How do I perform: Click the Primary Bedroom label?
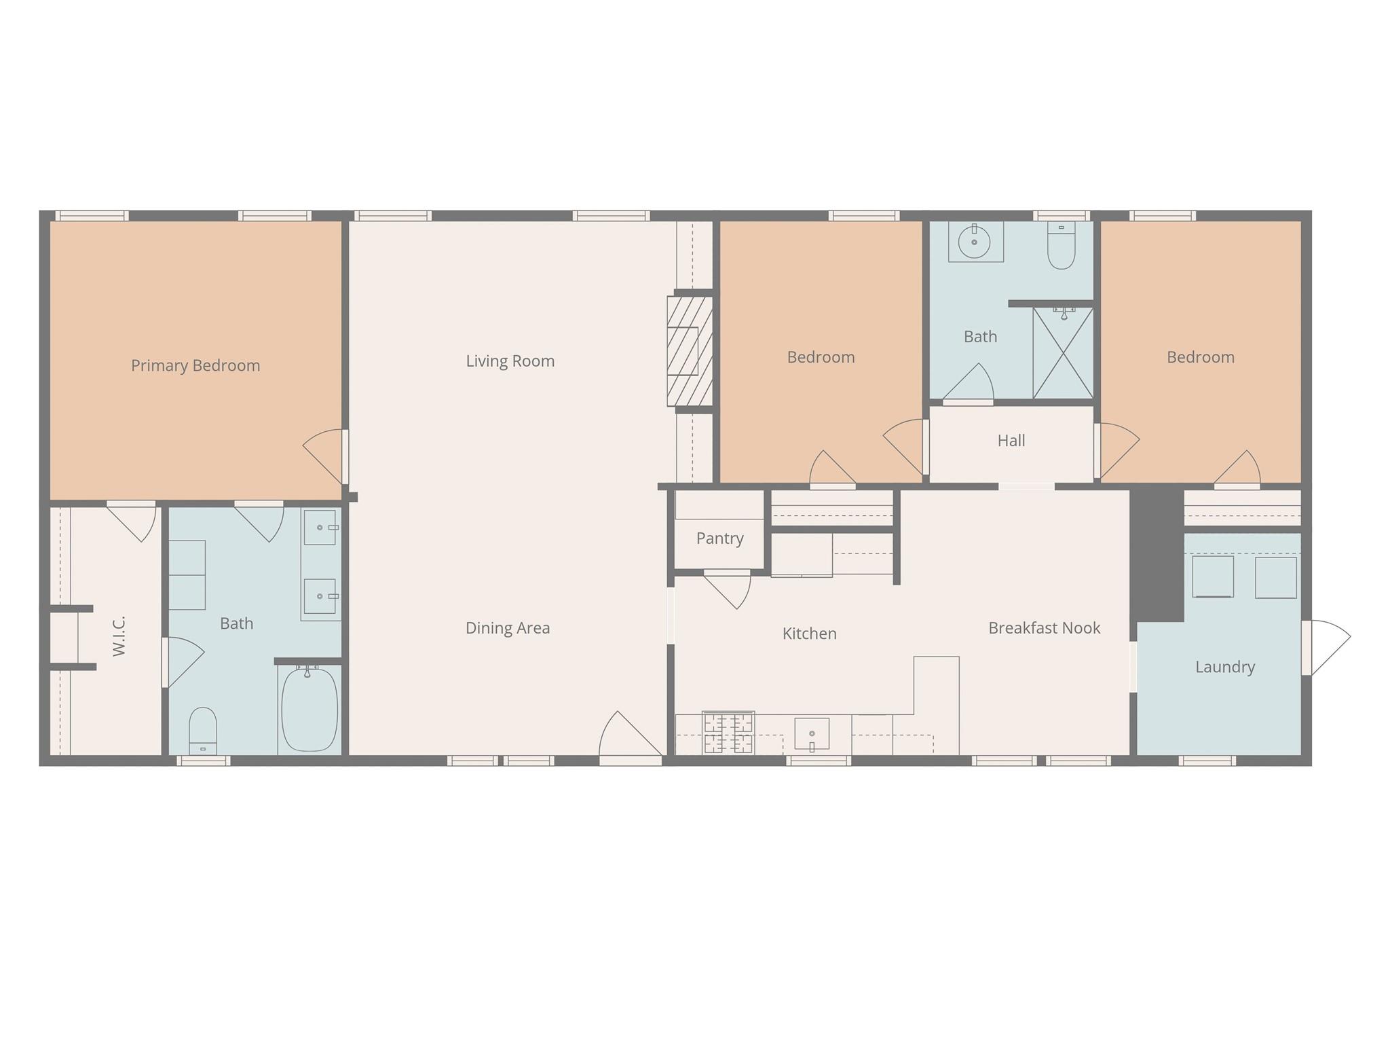point(195,365)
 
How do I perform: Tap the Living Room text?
point(510,361)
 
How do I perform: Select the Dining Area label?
point(507,628)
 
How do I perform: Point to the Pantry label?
point(719,538)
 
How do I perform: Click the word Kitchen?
point(809,634)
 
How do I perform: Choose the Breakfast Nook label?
point(1044,628)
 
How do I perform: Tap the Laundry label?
point(1224,667)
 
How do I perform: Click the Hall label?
point(1011,441)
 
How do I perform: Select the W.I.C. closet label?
point(119,636)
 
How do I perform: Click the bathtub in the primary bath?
point(309,710)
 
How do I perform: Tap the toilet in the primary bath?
point(202,730)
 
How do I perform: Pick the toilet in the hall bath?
point(1061,246)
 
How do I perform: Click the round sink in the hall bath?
point(974,242)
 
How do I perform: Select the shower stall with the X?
point(1062,353)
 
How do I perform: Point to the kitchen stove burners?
point(728,733)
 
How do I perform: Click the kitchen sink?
point(812,733)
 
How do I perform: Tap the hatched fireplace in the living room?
point(689,351)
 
